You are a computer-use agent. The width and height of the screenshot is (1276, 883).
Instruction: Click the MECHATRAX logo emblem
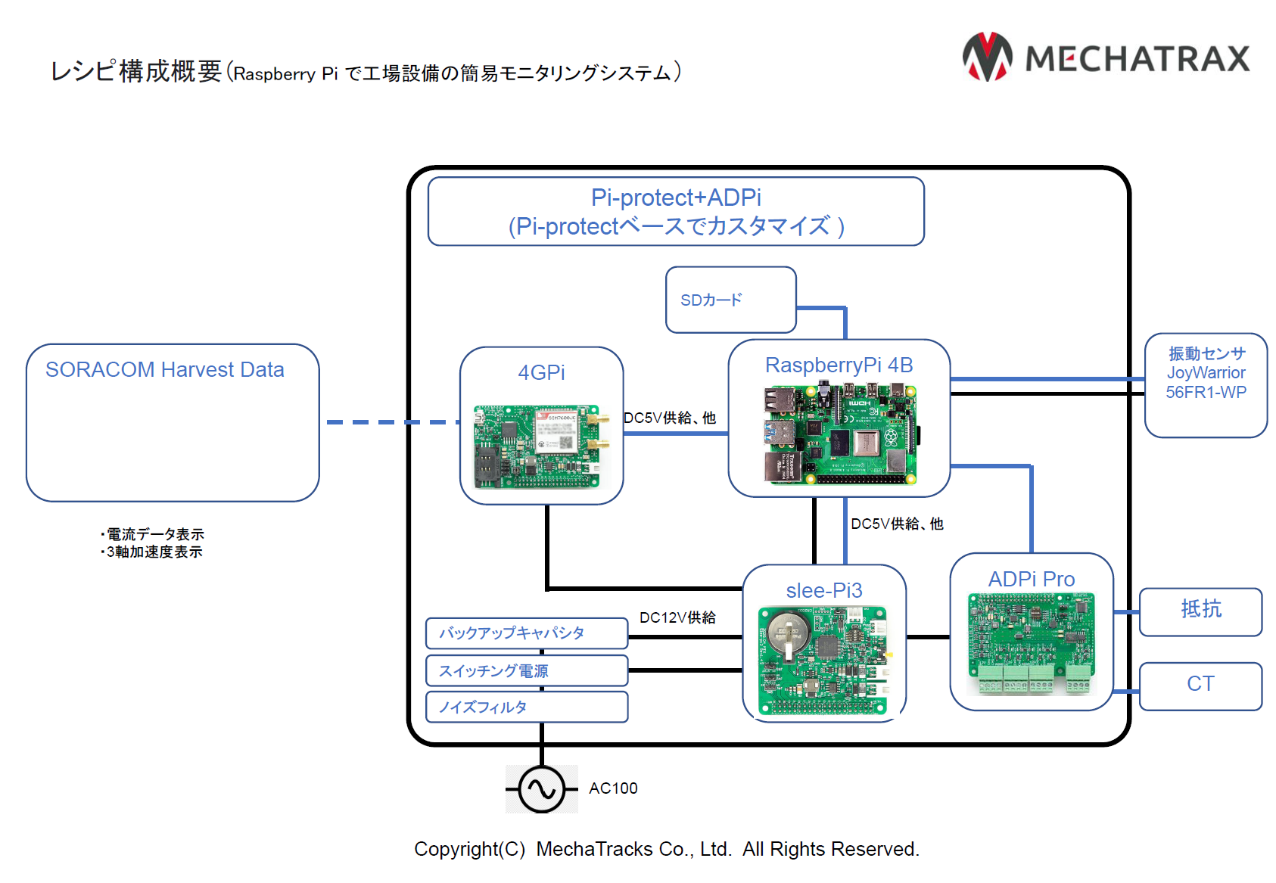[x=987, y=58]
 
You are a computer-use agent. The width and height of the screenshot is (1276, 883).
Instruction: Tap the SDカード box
[x=730, y=300]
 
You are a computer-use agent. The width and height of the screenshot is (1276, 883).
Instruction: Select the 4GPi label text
[x=541, y=372]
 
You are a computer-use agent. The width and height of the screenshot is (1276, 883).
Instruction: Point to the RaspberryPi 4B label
[x=839, y=365]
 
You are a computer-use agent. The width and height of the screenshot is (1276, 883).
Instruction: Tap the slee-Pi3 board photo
[x=824, y=660]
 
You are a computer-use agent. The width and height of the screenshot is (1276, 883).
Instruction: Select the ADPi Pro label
[x=1031, y=579]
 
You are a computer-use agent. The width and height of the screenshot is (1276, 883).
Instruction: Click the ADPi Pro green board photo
[x=1031, y=644]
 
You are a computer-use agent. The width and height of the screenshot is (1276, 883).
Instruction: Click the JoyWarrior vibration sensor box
[x=1206, y=384]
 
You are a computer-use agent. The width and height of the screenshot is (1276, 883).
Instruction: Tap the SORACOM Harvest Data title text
[x=164, y=370]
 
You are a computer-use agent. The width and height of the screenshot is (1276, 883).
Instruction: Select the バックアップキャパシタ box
[x=526, y=633]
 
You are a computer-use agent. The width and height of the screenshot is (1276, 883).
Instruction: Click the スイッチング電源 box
[x=526, y=670]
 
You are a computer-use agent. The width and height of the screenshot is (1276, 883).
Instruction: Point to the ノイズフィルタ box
[x=526, y=707]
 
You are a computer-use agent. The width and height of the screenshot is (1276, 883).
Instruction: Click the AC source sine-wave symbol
[x=542, y=789]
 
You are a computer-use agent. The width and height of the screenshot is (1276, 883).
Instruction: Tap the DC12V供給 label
[x=677, y=617]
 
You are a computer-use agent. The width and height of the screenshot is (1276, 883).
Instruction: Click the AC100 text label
[x=613, y=788]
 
